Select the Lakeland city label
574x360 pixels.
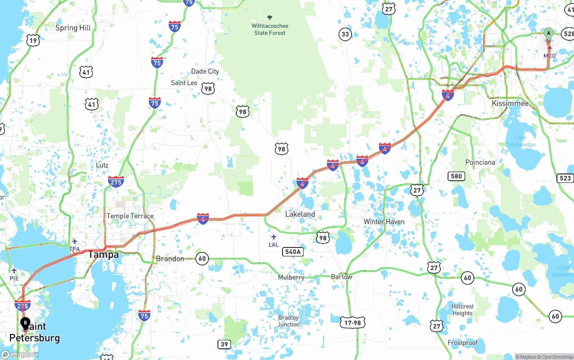point(300,214)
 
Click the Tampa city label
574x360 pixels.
point(103,255)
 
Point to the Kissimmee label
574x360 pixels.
point(510,104)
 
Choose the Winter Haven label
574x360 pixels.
point(384,222)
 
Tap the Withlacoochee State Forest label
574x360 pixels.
point(270,29)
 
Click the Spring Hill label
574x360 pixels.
point(73,28)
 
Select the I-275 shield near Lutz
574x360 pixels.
point(116,182)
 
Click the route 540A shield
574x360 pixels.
point(292,252)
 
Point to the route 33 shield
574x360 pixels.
point(345,34)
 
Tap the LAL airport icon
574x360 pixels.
point(274,237)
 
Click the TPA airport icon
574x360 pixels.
point(74,242)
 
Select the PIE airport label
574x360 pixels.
point(14,278)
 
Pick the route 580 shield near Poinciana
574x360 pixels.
point(456,176)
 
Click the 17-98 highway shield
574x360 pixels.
point(352,322)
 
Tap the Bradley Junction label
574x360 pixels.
point(288,321)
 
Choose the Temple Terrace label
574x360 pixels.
point(130,216)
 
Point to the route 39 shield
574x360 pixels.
point(224,344)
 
